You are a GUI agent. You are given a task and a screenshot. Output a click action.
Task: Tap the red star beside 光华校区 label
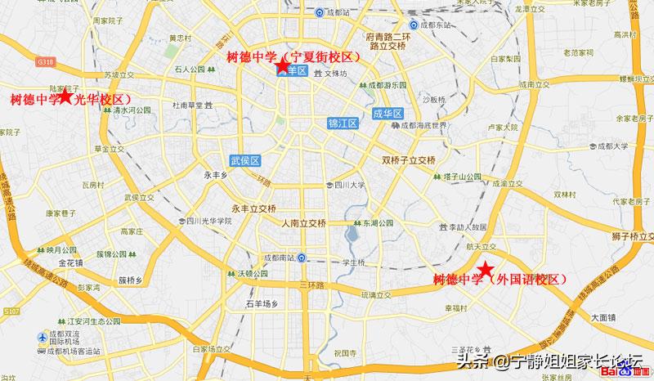point(66,96)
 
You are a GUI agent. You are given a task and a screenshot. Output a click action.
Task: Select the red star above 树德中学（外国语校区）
point(485,269)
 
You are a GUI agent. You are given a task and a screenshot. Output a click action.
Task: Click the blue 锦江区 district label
point(343,123)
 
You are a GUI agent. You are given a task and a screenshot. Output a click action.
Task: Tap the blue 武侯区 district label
point(244,160)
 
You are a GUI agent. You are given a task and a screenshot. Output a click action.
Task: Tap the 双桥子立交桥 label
point(409,159)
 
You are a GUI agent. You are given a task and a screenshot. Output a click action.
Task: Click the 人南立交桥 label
point(302,223)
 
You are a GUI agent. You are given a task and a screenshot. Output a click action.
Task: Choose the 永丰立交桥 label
point(253,208)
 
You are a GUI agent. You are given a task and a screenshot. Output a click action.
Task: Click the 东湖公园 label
point(379,222)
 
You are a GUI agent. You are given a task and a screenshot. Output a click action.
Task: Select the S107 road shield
point(11,311)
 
